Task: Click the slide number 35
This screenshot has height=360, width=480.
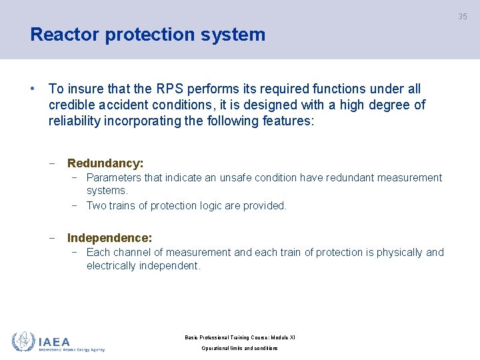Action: (x=463, y=17)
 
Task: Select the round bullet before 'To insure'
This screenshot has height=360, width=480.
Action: (x=33, y=89)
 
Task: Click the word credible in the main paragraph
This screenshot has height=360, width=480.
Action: (x=71, y=105)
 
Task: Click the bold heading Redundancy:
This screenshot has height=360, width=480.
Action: (x=105, y=163)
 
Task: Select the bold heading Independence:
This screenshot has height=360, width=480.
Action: (x=110, y=238)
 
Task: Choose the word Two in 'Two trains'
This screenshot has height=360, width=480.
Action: (x=96, y=205)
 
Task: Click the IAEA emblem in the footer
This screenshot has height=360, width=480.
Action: (x=23, y=341)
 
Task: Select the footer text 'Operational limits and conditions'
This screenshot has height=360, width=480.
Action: (x=239, y=349)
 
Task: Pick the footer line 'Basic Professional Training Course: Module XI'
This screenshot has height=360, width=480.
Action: (x=239, y=337)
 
